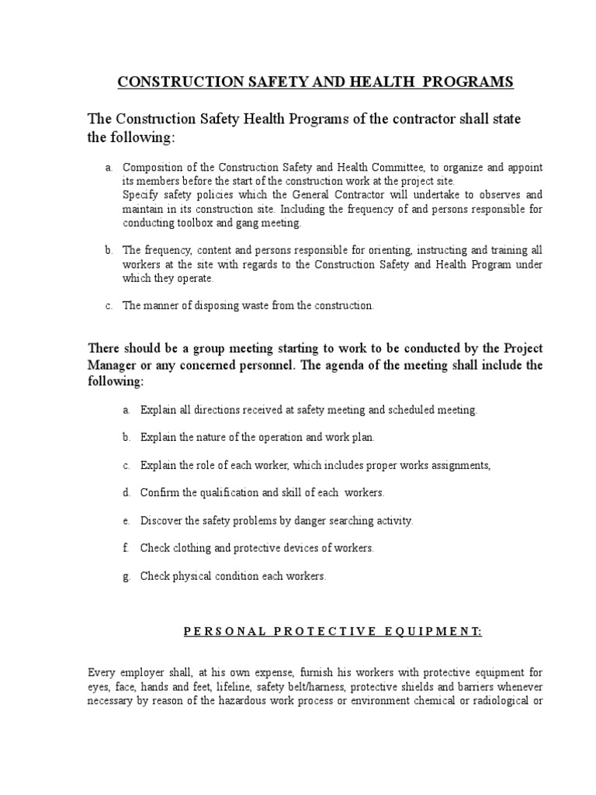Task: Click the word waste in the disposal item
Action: pos(239,305)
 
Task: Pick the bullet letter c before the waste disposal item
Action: pos(109,305)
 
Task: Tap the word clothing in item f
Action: pos(189,548)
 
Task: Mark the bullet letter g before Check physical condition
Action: pos(125,576)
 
